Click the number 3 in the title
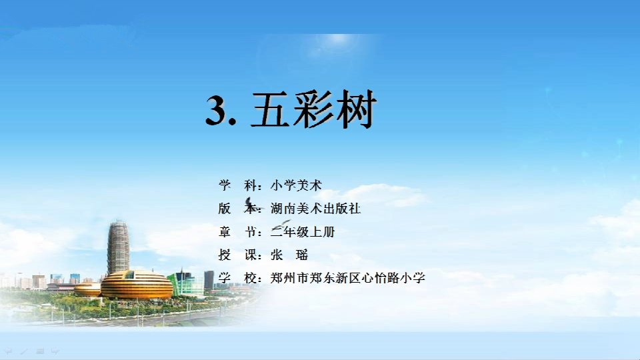[x=216, y=110]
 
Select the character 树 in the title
[x=355, y=109]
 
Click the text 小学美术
[x=296, y=185]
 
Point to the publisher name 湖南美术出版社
[x=315, y=209]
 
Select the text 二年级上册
[x=303, y=232]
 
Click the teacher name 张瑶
[x=289, y=255]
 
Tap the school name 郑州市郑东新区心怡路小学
[x=348, y=278]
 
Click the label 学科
[x=238, y=185]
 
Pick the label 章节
[x=238, y=232]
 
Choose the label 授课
[x=238, y=255]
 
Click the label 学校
[x=238, y=278]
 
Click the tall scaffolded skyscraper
[x=119, y=247]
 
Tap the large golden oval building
[x=137, y=285]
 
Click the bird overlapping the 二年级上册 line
[x=281, y=225]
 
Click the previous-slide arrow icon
[x=8, y=351]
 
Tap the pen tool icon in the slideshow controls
[x=24, y=351]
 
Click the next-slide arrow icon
[x=55, y=351]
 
